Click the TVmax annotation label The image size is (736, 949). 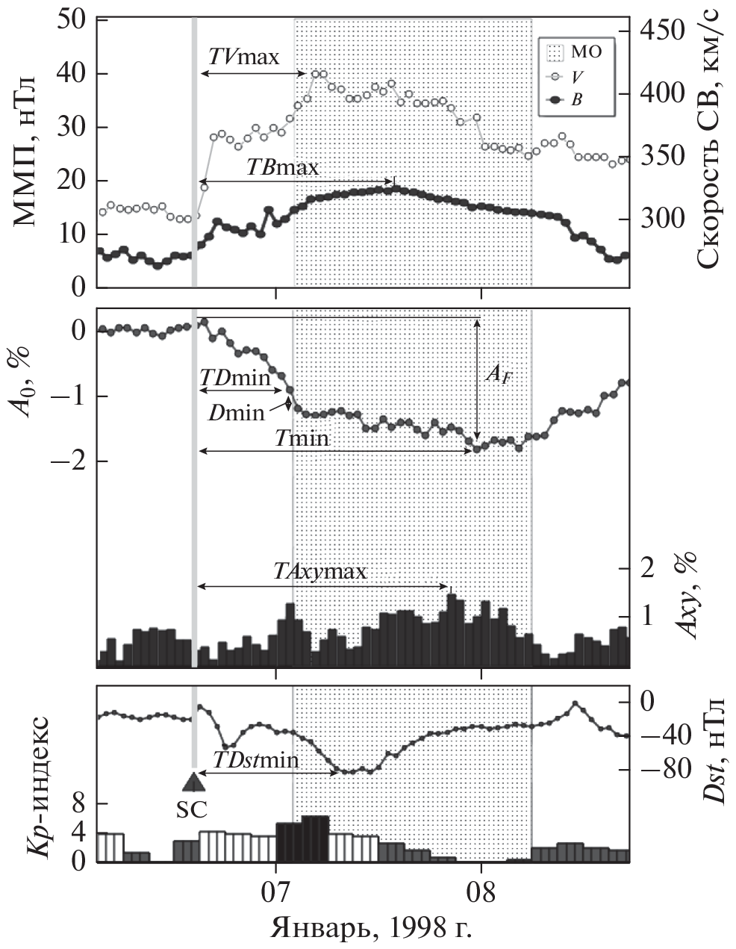[x=243, y=57]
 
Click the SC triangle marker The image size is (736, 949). [x=193, y=781]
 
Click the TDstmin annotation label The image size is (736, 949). [x=256, y=761]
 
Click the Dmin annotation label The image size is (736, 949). [x=237, y=411]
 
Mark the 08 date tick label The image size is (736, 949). [x=481, y=892]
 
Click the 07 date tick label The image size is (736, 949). [x=276, y=892]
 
